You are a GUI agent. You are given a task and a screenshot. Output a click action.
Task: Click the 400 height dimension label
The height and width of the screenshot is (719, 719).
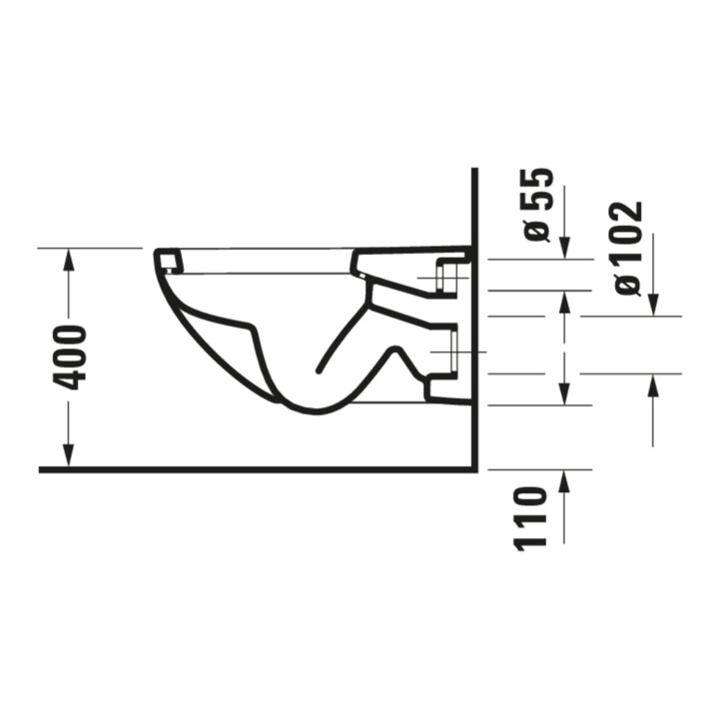pyautogui.click(x=70, y=358)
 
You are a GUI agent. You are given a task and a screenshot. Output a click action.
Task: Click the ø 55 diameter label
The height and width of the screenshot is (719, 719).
pyautogui.click(x=537, y=205)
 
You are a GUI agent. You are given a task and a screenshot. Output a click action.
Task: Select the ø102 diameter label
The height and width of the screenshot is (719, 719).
pyautogui.click(x=627, y=250)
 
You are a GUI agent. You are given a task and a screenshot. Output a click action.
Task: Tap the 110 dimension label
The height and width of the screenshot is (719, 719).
pyautogui.click(x=532, y=518)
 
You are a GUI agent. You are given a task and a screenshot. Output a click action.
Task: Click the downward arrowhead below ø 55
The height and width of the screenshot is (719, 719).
pyautogui.click(x=565, y=248)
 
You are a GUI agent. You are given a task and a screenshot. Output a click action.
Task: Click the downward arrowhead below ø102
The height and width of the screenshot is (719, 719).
pyautogui.click(x=653, y=305)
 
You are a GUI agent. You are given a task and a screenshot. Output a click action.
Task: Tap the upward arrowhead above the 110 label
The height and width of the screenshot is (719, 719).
pyautogui.click(x=564, y=481)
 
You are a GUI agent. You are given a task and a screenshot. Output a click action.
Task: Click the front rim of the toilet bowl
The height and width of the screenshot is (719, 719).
pyautogui.click(x=169, y=262)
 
